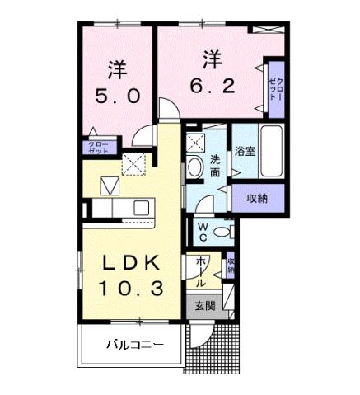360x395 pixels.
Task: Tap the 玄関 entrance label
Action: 205,304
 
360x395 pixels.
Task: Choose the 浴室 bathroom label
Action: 243,151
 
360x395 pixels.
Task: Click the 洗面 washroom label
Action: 213,166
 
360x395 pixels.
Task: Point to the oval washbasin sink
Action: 195,167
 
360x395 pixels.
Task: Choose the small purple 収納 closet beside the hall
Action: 231,266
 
